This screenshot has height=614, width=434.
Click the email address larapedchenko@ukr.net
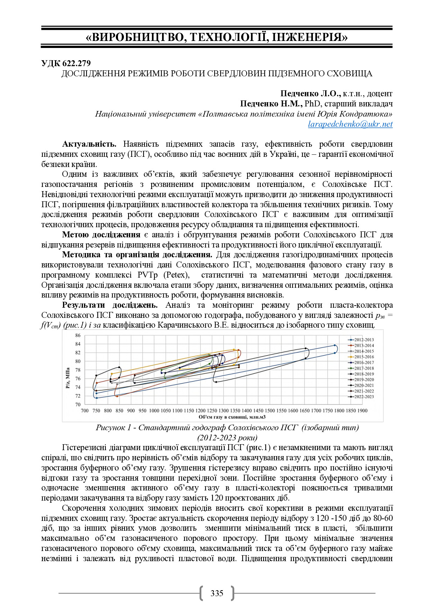350,124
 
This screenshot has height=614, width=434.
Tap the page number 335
217,593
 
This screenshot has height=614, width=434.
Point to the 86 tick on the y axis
78,335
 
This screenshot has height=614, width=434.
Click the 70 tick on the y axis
78,404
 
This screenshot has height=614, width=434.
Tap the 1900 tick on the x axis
362,411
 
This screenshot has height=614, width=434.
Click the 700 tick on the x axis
85,411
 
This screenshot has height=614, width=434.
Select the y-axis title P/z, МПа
68,378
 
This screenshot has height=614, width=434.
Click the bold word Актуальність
89,144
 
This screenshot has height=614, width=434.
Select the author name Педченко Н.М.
271,104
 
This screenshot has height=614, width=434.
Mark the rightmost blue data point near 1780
335,346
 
